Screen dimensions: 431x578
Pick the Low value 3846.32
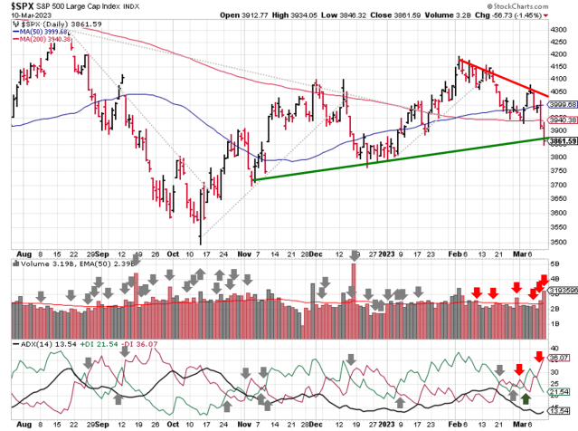[x=371, y=15]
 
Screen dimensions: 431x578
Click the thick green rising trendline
[x=398, y=158]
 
